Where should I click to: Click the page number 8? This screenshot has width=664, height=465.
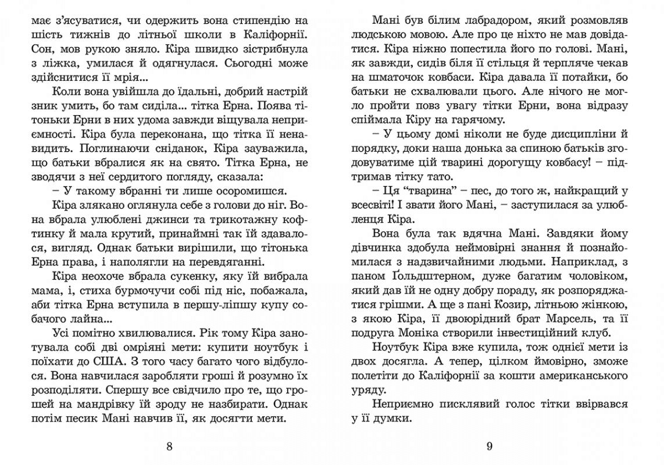[x=169, y=446]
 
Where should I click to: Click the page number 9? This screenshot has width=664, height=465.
[x=489, y=446]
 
